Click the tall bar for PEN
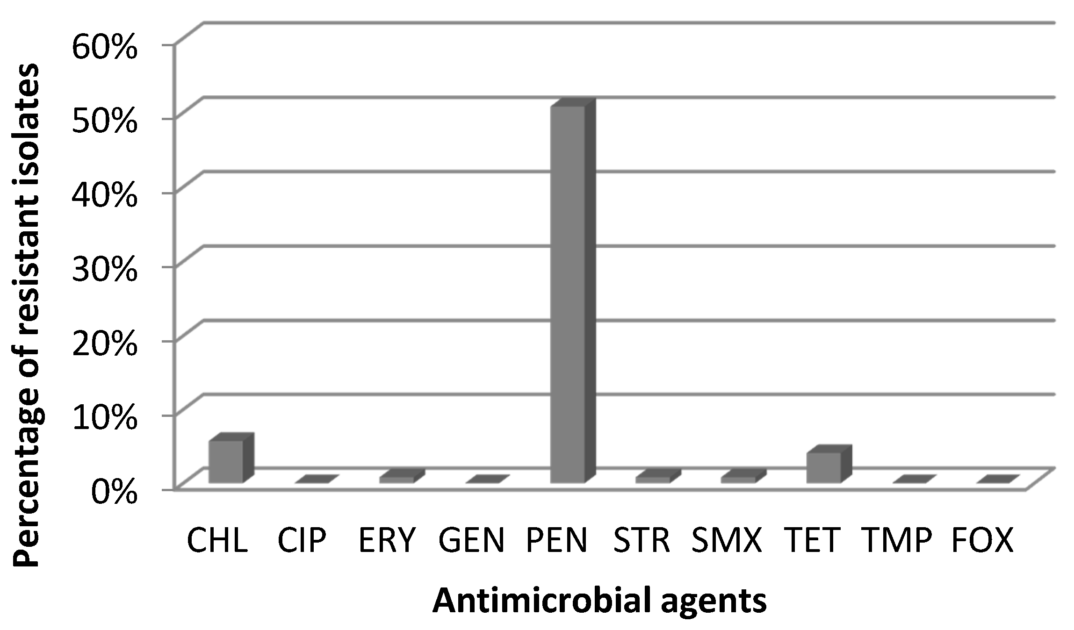[x=568, y=294]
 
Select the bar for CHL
[x=226, y=461]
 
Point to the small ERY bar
[x=397, y=480]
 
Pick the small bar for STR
[x=653, y=480]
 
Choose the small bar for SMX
[x=738, y=480]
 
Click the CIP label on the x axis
[x=302, y=541]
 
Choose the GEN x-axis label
[x=471, y=541]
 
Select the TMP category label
[x=897, y=541]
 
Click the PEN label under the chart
[x=556, y=541]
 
